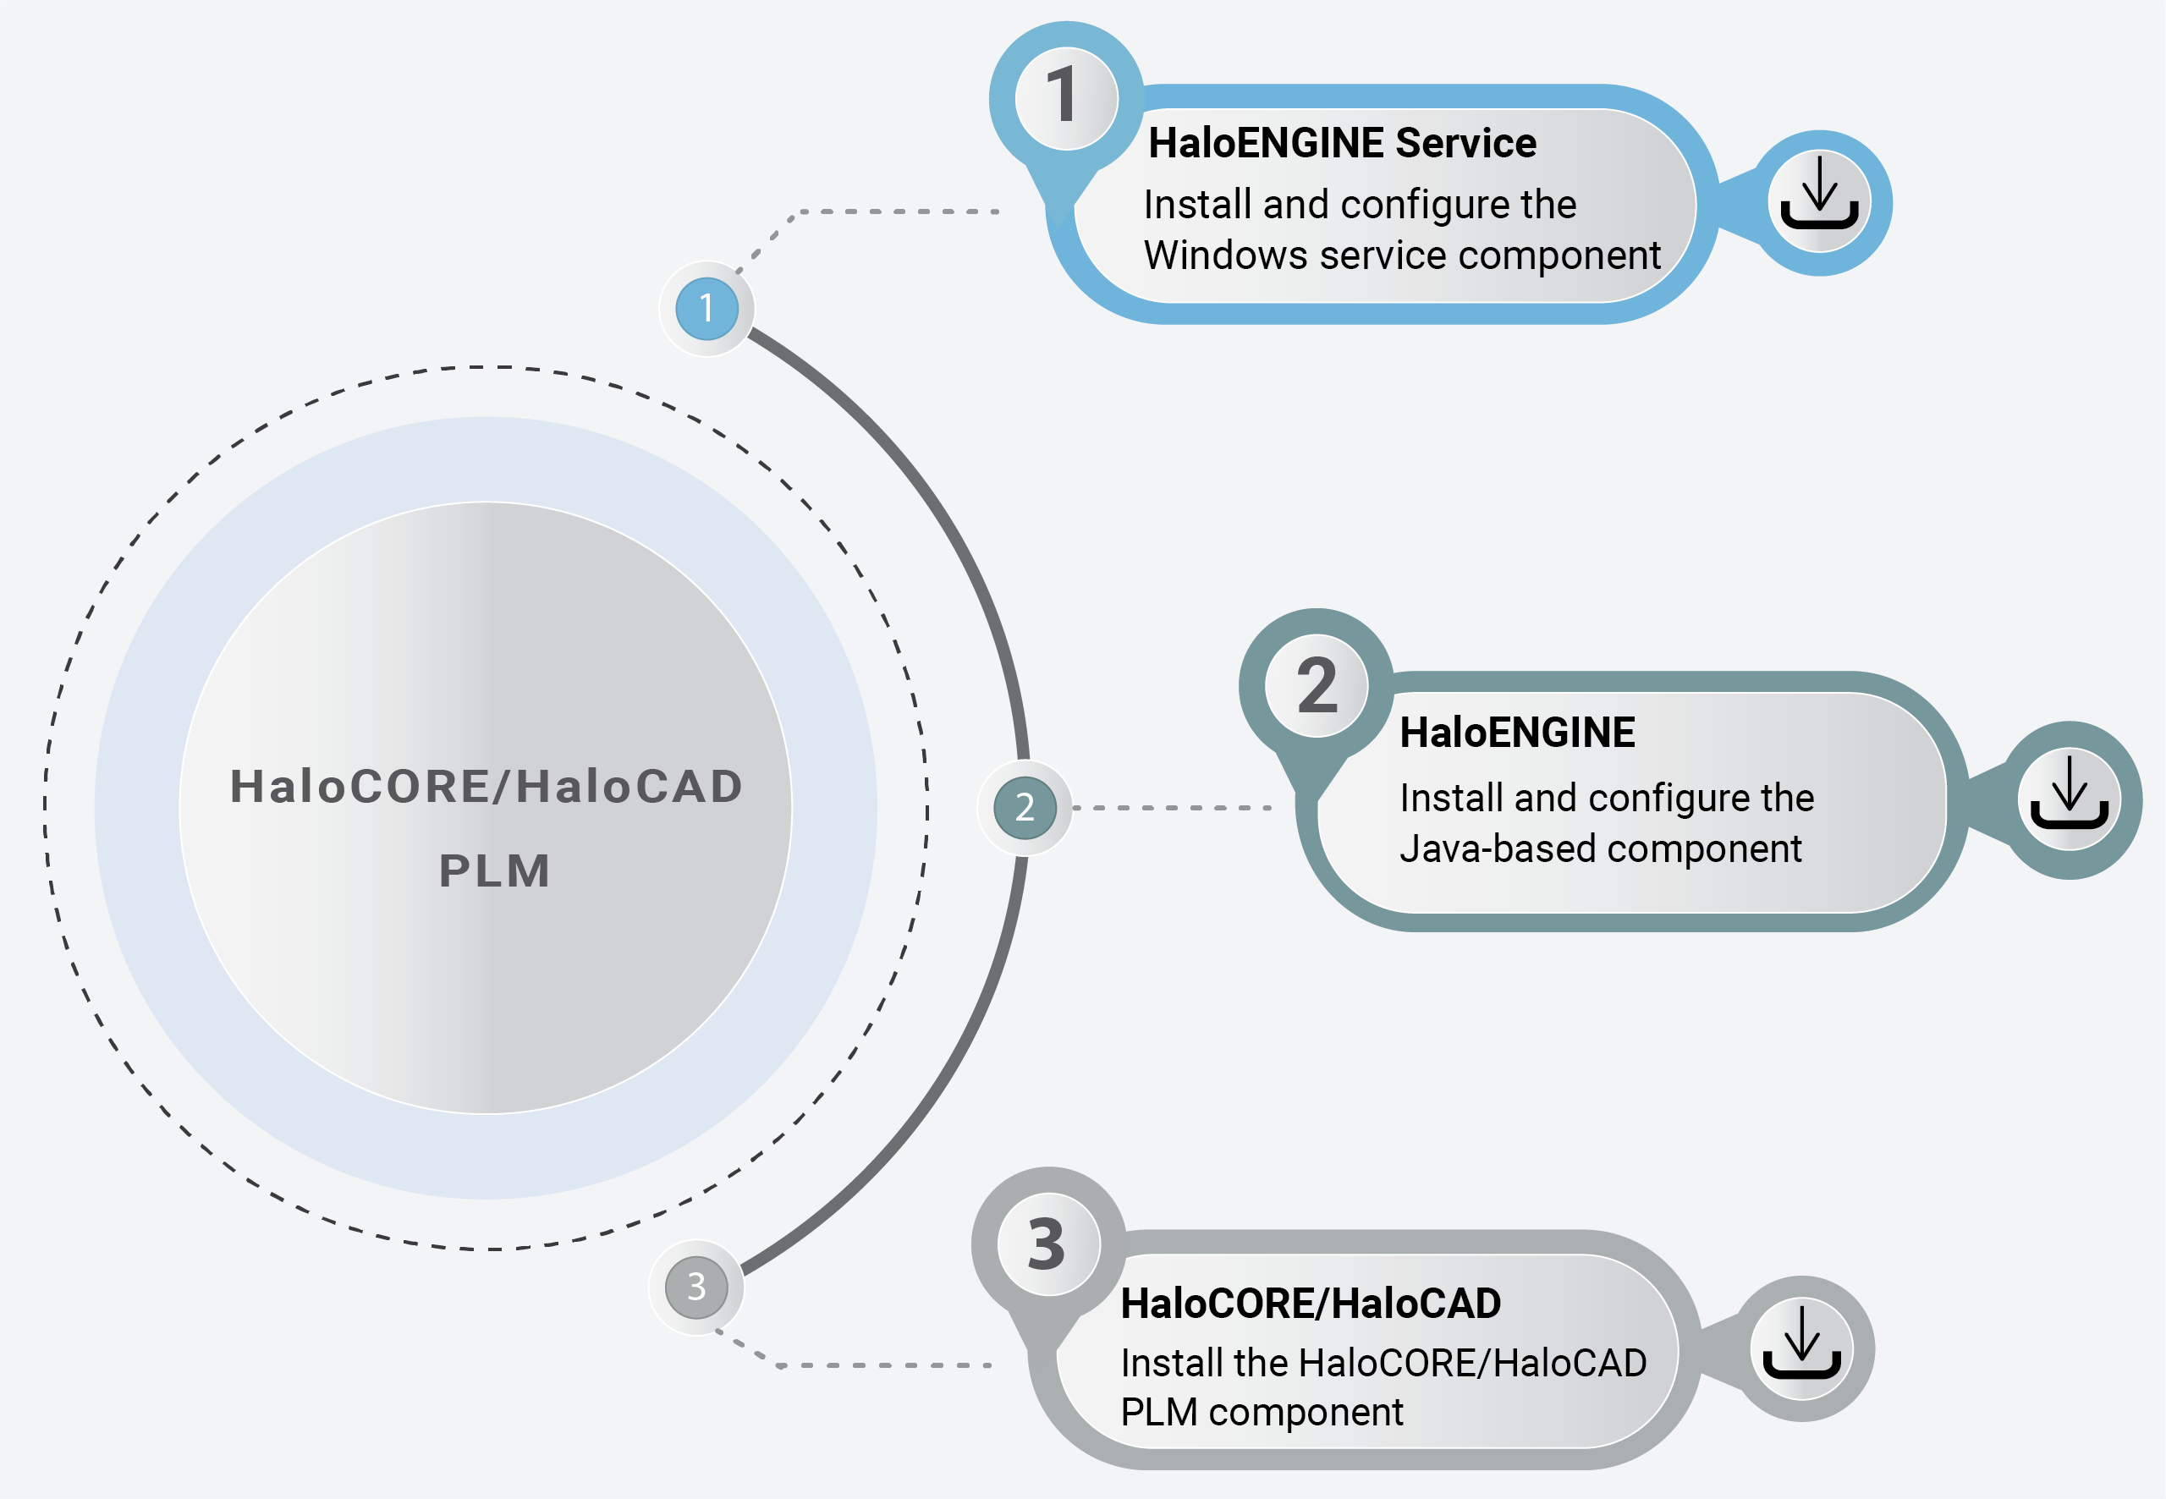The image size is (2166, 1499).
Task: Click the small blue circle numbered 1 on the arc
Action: pos(706,308)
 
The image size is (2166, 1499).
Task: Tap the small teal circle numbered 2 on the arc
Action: pos(1025,808)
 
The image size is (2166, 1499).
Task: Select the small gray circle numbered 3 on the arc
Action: pos(696,1287)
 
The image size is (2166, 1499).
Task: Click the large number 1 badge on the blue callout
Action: pos(1066,97)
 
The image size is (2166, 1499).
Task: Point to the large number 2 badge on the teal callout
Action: pos(1316,687)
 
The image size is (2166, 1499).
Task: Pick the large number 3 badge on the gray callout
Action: pos(1048,1245)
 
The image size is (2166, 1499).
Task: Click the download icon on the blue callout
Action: pos(1819,202)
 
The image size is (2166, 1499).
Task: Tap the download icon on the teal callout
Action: pos(2070,800)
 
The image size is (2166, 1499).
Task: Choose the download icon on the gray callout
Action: pos(1801,1348)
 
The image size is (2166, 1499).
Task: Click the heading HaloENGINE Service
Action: pos(1342,143)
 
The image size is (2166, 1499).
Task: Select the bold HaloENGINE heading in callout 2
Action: pos(1517,733)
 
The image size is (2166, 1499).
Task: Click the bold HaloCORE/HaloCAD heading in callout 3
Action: pos(1311,1304)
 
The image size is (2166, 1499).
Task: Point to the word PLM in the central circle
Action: pos(494,870)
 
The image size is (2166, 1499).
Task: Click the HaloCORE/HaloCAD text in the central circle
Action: pos(487,786)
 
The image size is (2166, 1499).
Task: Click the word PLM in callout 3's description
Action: pos(1157,1413)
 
